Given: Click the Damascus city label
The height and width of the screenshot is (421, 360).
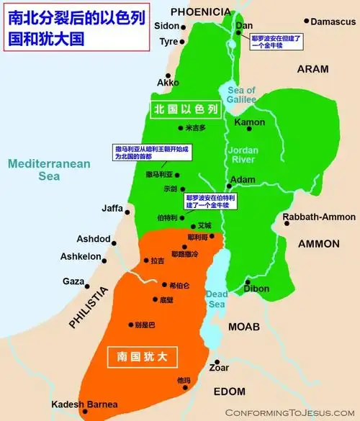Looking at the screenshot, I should click(334, 22).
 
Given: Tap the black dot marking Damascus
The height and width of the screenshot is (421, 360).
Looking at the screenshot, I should click(306, 22).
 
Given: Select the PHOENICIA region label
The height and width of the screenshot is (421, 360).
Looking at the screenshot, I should click(202, 12).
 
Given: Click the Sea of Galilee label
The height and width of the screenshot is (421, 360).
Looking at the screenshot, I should click(241, 95).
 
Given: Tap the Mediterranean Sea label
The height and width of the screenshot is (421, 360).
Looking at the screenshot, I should click(49, 169).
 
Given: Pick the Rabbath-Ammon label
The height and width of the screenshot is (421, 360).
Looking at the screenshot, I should click(319, 217).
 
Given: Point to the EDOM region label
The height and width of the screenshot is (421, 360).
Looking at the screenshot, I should click(230, 391).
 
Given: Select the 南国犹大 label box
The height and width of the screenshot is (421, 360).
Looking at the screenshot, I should click(140, 355).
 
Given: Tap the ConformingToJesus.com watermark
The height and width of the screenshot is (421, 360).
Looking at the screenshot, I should click(290, 412).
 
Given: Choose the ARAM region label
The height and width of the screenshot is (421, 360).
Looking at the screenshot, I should click(312, 69).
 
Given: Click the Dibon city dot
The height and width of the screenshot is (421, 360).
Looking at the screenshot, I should click(247, 281).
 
